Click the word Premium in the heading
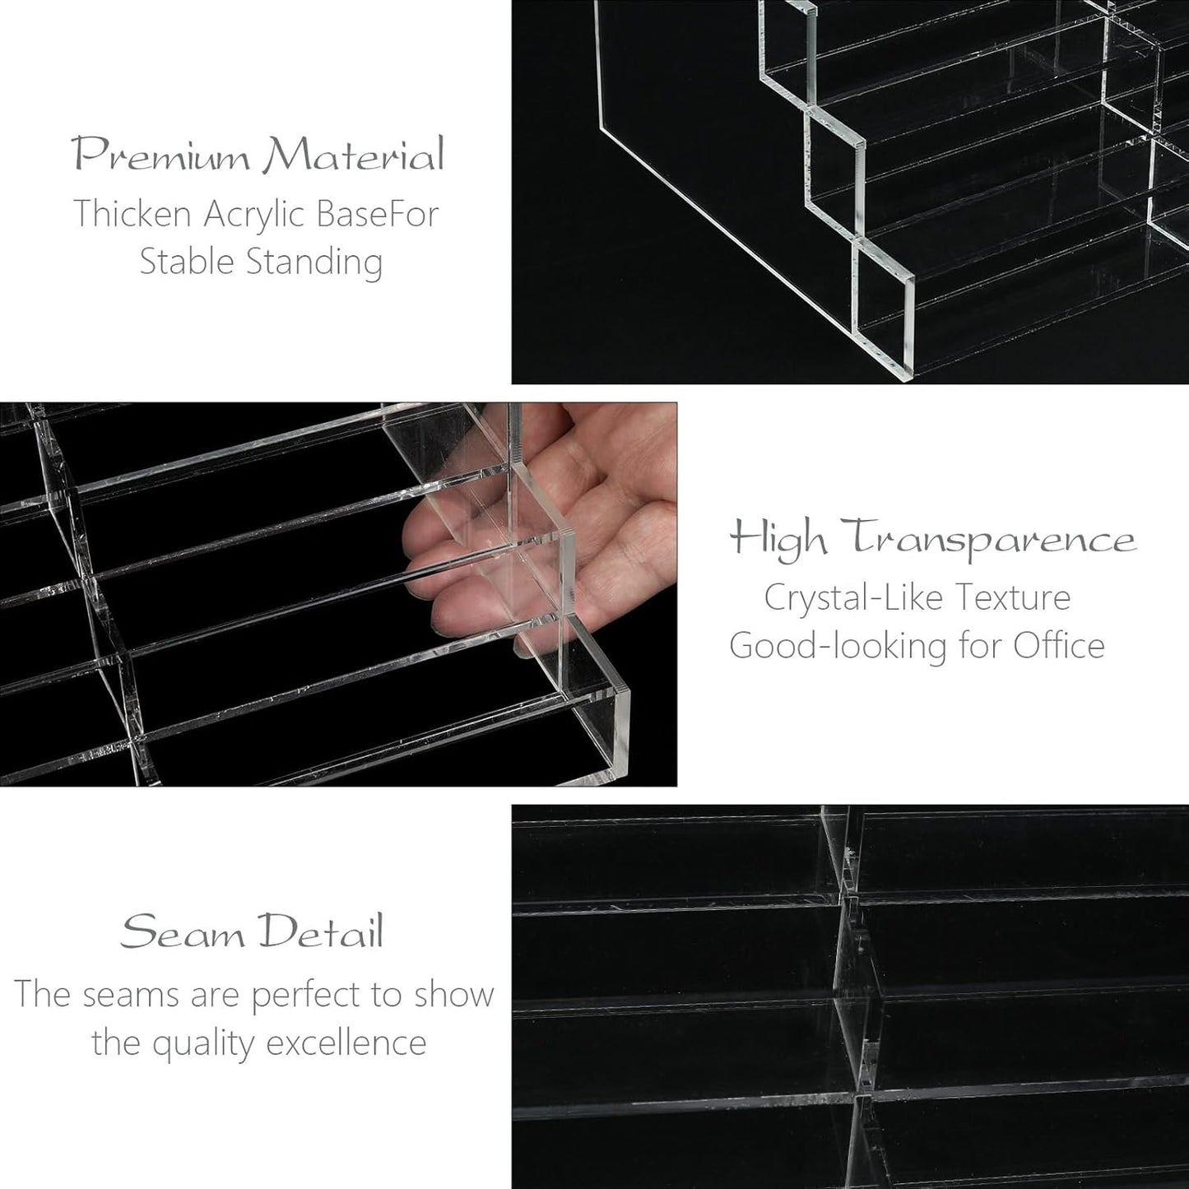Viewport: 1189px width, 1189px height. click(x=161, y=156)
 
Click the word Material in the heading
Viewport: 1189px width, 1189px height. click(x=354, y=156)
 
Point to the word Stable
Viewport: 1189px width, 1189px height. click(x=188, y=262)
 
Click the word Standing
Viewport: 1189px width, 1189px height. click(x=315, y=262)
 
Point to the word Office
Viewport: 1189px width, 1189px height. click(x=1058, y=645)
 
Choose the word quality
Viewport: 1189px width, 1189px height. click(x=204, y=1043)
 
